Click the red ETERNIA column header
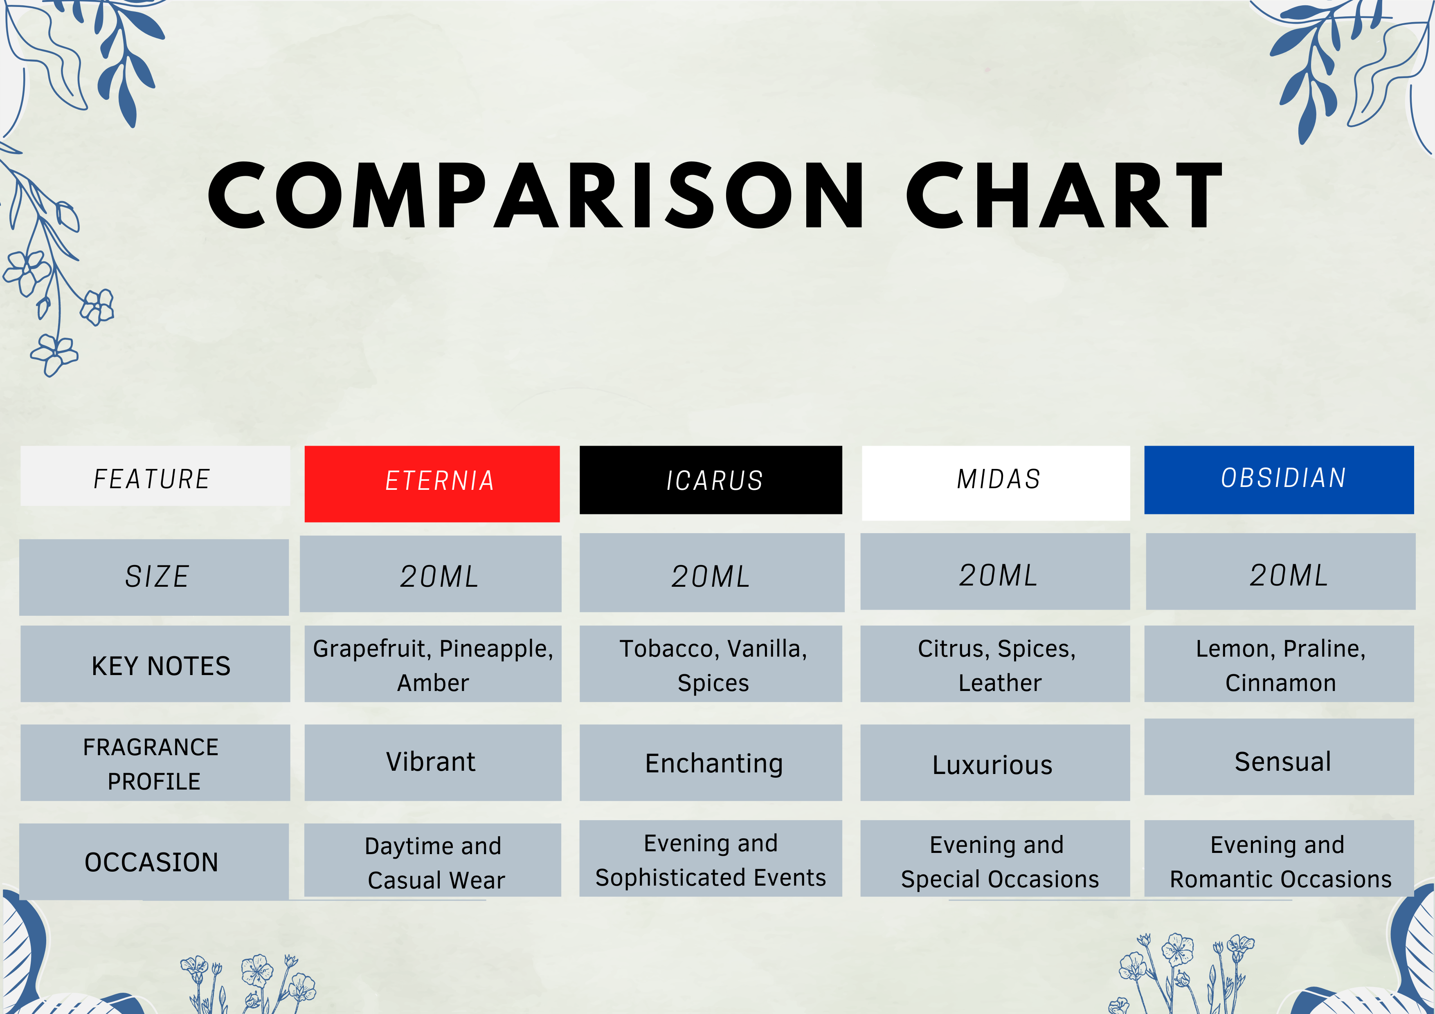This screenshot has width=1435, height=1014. tap(432, 484)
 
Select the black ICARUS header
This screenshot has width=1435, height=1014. tap(711, 480)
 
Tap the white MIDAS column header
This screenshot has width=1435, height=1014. tap(996, 483)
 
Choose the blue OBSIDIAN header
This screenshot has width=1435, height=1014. tap(1279, 480)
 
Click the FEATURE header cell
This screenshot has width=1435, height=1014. tap(155, 476)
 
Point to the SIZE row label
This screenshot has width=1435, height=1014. tap(154, 577)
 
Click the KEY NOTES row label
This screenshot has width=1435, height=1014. tap(155, 664)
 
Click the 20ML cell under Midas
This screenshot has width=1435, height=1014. tap(995, 572)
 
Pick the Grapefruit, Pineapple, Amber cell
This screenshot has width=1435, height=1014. tap(432, 664)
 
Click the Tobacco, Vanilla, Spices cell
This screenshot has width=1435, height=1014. tap(711, 664)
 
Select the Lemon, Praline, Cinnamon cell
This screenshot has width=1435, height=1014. tap(1279, 664)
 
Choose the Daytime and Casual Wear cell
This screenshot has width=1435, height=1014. tap(432, 860)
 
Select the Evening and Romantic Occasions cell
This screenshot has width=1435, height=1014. tap(1279, 859)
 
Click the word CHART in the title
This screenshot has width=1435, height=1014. tap(1064, 195)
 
